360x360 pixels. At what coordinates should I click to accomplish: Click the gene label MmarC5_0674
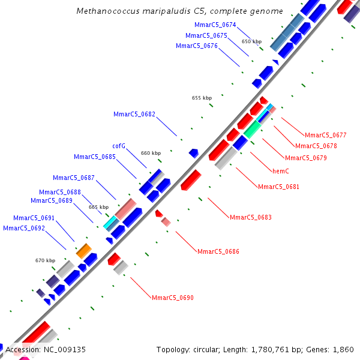215,25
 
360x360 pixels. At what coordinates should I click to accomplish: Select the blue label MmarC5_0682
134,114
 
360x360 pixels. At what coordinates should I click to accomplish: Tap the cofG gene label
119,146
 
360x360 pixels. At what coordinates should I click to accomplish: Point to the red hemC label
281,171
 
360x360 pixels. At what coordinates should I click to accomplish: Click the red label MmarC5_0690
172,298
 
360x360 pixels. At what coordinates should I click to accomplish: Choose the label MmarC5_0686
218,251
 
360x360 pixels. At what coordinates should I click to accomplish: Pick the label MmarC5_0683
250,217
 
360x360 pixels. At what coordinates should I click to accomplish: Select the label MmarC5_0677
325,135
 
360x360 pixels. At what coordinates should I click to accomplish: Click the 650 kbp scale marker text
251,42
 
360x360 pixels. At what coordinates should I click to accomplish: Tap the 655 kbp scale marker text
202,98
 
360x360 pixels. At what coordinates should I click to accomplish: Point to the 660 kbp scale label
151,153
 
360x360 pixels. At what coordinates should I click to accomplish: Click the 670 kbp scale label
45,260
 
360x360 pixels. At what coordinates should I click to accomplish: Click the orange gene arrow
83,250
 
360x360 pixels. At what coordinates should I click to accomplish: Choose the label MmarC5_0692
23,228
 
